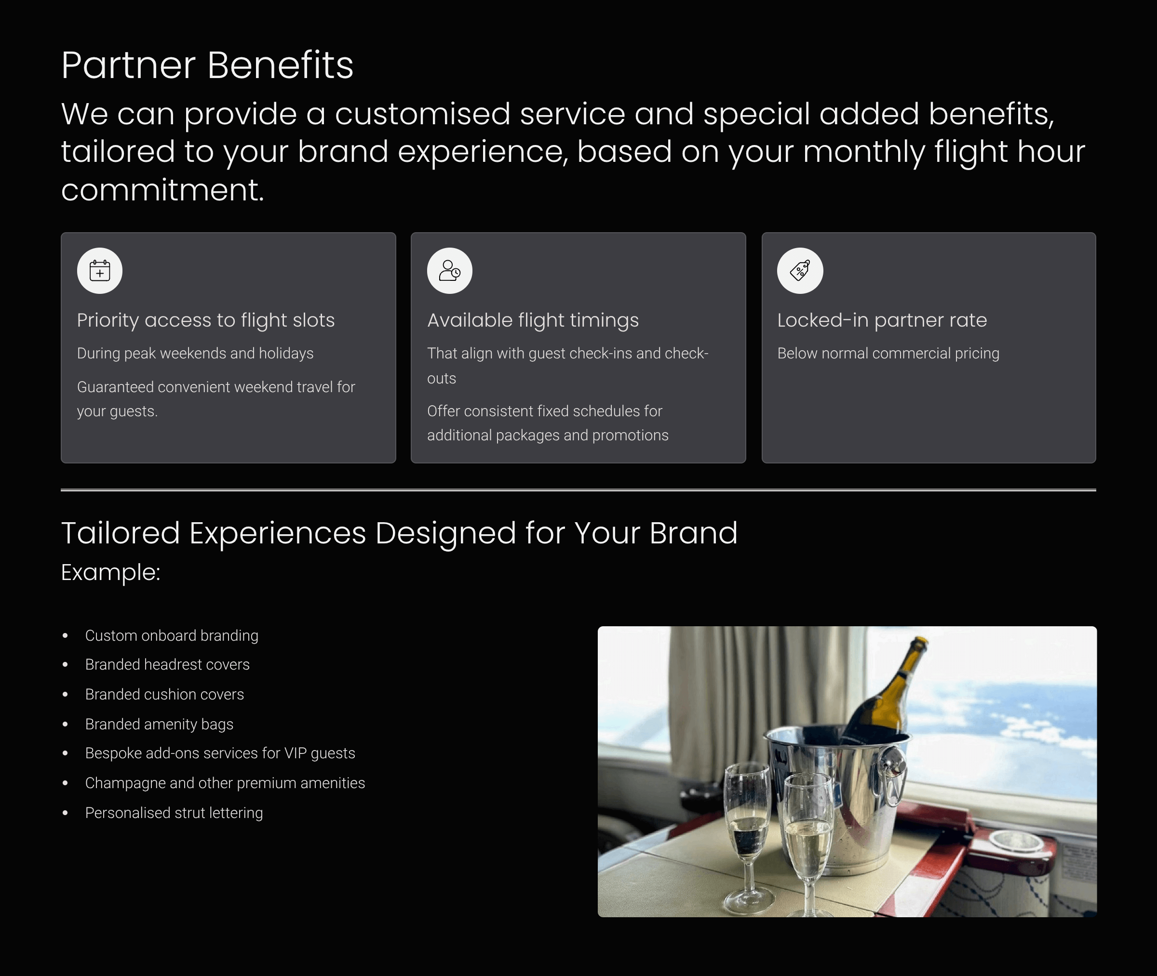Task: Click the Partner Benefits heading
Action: coord(207,66)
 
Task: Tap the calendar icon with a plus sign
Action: coord(100,271)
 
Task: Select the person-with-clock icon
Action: coord(449,271)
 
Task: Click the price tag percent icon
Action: coord(800,271)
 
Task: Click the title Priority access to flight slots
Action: coord(206,320)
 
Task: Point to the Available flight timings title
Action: coord(533,320)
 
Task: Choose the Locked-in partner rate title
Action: coord(882,320)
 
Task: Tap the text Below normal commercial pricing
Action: coord(888,354)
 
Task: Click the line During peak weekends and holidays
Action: coord(195,354)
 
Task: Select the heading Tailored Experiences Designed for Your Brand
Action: coord(399,533)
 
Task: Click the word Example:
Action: coord(111,573)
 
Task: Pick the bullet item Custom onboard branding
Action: coord(172,636)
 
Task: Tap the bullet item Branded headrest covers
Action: coord(167,664)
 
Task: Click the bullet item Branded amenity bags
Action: coord(159,724)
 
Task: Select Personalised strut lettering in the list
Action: coord(174,813)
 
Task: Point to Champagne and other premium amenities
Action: coord(225,783)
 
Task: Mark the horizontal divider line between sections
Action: coord(578,489)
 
